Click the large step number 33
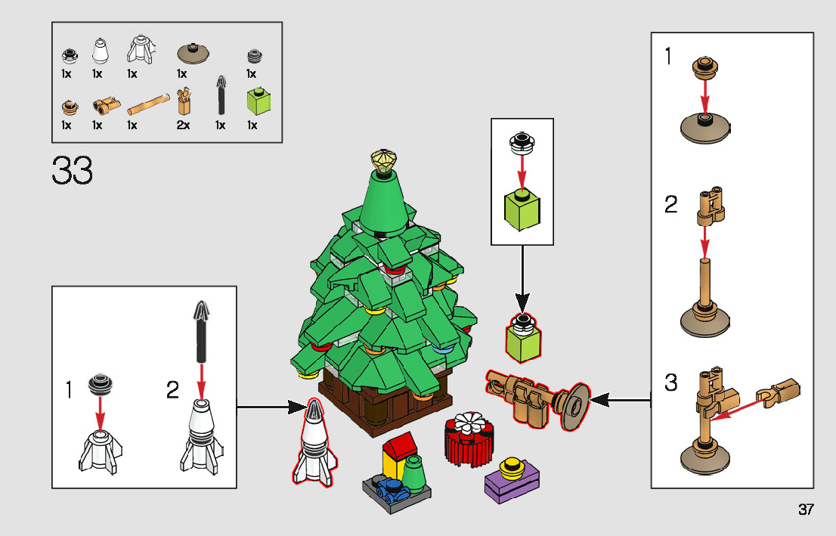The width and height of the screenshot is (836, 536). (x=73, y=172)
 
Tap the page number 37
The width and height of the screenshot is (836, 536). (x=806, y=509)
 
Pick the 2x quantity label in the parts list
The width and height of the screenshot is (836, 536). (x=183, y=125)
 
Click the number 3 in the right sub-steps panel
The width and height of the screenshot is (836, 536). (x=671, y=383)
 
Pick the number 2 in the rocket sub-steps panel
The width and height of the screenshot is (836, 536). (x=173, y=390)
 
